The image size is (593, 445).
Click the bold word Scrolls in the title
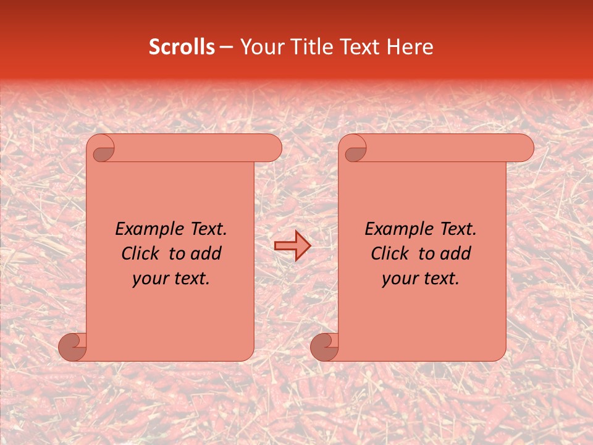(182, 47)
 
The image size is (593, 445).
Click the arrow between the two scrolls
(292, 245)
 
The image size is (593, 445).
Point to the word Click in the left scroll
(135, 254)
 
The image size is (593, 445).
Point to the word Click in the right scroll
(385, 254)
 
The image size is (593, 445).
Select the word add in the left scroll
(207, 254)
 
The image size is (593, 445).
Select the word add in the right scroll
(456, 254)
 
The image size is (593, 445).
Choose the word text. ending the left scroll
(190, 279)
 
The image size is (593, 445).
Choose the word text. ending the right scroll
(440, 279)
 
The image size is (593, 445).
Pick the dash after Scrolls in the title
(226, 47)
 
